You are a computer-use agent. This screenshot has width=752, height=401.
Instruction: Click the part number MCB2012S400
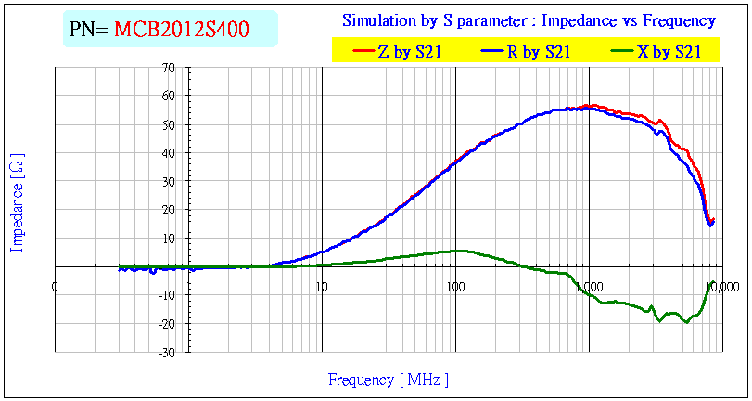[x=181, y=30]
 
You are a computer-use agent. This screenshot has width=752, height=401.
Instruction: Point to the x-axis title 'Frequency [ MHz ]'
[x=389, y=380]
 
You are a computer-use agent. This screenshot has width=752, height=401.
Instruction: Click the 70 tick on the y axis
[x=168, y=68]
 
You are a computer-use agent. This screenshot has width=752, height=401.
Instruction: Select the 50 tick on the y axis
[x=168, y=124]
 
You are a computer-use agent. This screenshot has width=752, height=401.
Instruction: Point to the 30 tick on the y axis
[x=168, y=182]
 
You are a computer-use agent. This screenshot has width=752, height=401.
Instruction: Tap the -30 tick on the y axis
[x=166, y=353]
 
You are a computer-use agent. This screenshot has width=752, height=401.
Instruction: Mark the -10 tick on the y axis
[x=166, y=295]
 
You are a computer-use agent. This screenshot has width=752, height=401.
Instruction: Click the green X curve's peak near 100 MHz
[x=460, y=251]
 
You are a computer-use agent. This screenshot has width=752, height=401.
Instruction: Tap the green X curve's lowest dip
[x=686, y=321]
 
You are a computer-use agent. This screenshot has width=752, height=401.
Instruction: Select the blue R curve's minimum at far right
[x=710, y=225]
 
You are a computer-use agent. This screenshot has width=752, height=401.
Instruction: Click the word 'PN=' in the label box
[x=89, y=30]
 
